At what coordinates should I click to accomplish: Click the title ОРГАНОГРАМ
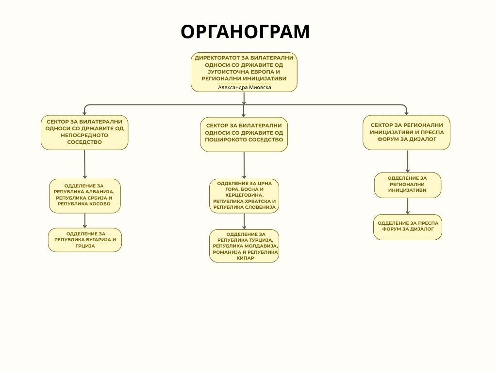245,32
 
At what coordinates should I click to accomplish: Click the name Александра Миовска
244,87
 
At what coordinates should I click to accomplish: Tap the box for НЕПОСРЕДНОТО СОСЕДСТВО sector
84,132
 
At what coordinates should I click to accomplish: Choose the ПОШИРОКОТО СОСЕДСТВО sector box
244,134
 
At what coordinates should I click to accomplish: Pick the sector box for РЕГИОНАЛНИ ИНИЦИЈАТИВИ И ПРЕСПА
407,132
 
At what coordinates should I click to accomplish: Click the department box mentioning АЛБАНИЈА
85,195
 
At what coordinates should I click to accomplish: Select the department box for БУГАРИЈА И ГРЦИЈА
85,240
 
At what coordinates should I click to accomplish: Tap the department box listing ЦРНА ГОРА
244,196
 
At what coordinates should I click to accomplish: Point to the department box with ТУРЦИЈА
244,246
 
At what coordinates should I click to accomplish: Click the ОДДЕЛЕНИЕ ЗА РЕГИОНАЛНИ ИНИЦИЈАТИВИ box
408,185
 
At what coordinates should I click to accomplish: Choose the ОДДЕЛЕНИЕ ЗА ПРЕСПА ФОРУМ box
408,227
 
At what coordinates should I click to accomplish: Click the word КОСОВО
99,204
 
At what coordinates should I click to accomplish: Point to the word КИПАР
245,259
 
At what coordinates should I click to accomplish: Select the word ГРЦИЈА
85,246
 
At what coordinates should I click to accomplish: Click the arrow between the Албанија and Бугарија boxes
85,220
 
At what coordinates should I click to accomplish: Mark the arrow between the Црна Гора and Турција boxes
244,221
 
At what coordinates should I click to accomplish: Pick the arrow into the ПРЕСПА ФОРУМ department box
408,206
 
